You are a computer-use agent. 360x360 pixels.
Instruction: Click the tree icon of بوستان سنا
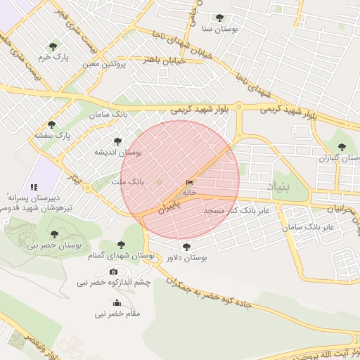[219, 18]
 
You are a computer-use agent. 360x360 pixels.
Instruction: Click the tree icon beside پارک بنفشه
[51, 124]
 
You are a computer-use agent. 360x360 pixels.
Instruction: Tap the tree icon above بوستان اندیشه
[117, 141]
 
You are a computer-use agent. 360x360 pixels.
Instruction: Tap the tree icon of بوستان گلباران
[342, 148]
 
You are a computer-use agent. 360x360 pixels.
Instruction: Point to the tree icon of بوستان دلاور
[186, 247]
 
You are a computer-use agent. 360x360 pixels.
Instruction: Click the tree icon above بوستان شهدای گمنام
[122, 245]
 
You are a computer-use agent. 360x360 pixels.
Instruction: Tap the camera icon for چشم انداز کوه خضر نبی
[113, 272]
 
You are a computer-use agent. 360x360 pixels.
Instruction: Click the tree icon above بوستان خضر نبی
[54, 234]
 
